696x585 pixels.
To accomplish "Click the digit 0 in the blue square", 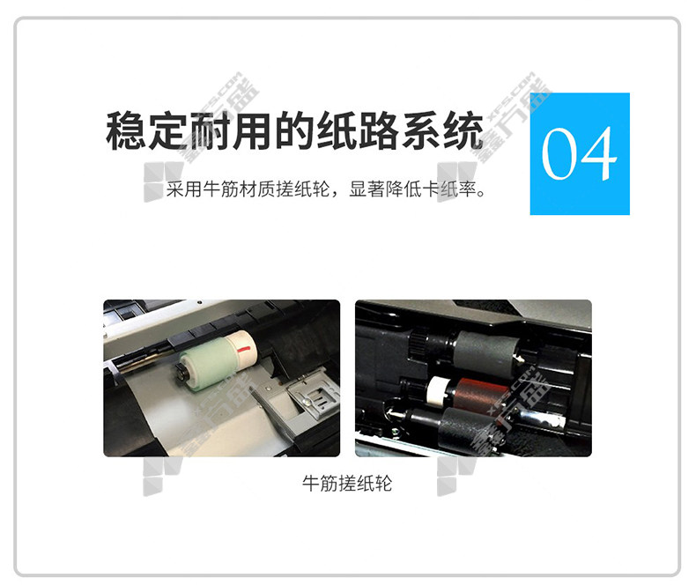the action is (x=560, y=153).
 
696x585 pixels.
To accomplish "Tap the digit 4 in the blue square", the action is (x=597, y=153).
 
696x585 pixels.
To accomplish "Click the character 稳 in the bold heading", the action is (x=126, y=130).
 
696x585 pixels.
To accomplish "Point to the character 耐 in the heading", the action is (x=211, y=130).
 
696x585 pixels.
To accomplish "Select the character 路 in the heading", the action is (x=379, y=130).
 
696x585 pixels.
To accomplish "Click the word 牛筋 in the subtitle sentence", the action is (x=220, y=189).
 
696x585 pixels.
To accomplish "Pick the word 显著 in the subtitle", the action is (x=367, y=189).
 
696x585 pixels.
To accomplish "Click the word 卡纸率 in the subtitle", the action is (x=448, y=189).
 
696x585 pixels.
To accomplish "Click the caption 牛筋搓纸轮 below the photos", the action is (x=347, y=483).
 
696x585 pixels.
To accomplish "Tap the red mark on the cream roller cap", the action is (x=243, y=350).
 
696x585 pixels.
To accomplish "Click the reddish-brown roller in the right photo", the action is (x=473, y=393).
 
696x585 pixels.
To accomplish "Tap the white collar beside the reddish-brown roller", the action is (x=437, y=391).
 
